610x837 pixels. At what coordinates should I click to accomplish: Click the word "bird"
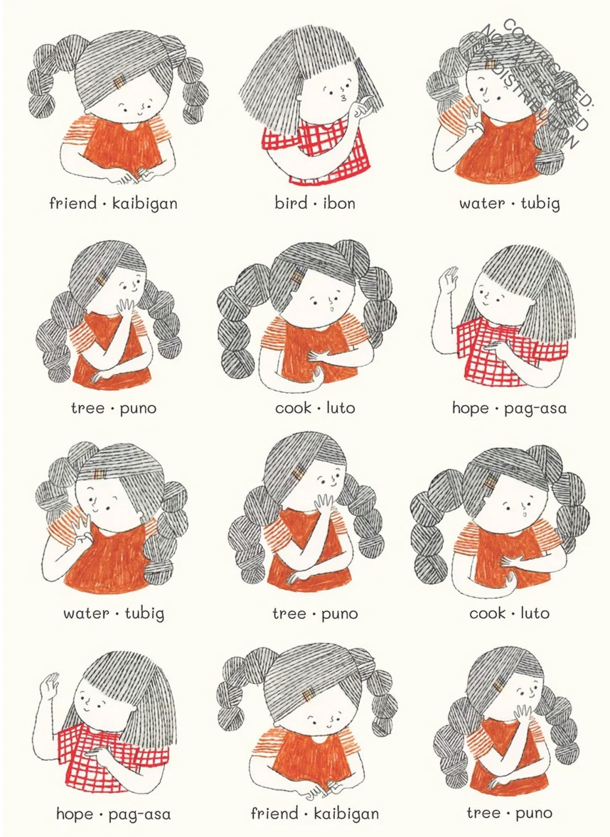[291, 202]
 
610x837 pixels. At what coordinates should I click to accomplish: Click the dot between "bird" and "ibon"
[315, 203]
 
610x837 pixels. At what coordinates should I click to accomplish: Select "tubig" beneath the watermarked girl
[540, 203]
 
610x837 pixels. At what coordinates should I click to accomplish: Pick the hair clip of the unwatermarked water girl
[100, 475]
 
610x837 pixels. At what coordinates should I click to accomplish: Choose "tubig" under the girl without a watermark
[144, 613]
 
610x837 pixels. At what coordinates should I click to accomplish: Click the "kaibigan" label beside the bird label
[144, 202]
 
